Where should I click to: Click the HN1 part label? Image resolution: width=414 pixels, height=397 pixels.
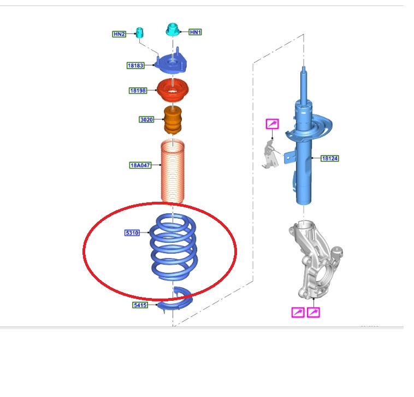[196, 32]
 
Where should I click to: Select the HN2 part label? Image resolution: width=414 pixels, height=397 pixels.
[119, 34]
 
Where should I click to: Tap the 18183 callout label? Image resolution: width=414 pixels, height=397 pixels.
[135, 65]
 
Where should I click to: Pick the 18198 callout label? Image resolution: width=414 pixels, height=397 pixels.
[138, 91]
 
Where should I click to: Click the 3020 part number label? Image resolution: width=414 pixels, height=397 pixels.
[146, 119]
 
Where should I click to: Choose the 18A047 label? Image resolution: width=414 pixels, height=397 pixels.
[140, 165]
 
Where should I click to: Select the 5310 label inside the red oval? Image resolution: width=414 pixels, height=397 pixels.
[132, 233]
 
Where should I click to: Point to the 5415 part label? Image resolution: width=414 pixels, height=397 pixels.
[140, 305]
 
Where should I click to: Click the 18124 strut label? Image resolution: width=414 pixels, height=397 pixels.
[330, 159]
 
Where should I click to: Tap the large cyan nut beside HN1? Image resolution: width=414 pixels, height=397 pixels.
[173, 30]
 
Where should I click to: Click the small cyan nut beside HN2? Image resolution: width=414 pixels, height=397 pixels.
[139, 32]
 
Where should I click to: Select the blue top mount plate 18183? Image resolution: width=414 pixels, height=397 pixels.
[171, 63]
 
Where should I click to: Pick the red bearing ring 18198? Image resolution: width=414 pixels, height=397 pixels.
[173, 90]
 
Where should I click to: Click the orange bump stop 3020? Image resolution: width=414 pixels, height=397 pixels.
[173, 120]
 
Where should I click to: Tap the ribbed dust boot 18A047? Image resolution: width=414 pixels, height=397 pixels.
[173, 172]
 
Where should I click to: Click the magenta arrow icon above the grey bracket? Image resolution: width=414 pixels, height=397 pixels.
[272, 124]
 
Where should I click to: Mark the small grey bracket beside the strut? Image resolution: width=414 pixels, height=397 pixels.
[270, 155]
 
